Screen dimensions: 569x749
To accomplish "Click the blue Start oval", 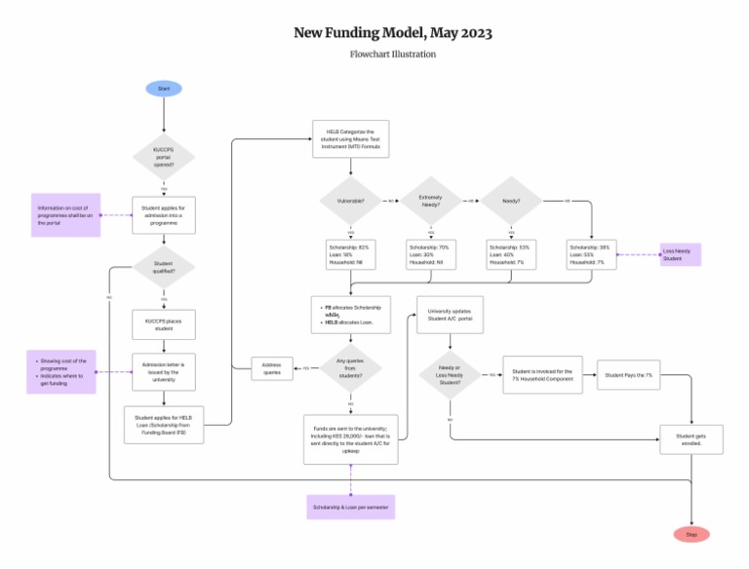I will click(164, 89).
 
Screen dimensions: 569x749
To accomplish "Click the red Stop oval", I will click(691, 534).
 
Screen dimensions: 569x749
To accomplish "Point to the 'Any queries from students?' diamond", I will click(350, 367).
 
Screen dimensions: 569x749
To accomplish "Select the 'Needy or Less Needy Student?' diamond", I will click(450, 374).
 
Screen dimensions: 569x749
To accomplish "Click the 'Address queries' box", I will click(272, 368).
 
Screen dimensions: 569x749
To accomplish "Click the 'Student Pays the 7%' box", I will click(629, 375).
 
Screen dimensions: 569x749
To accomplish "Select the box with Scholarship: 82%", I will click(350, 255).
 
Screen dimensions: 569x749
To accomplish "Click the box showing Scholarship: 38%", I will click(591, 255).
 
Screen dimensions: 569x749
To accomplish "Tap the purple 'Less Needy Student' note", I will click(680, 255).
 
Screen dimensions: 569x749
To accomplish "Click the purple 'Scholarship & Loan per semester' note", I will click(350, 507).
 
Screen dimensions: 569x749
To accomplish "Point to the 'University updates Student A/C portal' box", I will click(450, 316).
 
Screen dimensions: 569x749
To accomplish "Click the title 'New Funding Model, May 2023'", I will click(393, 33).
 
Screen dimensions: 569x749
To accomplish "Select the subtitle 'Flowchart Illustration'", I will click(393, 55).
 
